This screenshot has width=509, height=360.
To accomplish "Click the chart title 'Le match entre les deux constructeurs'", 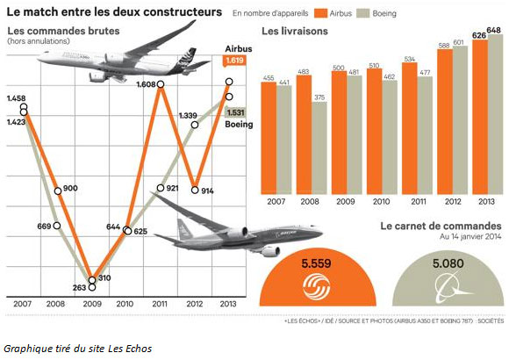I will coord(114,13).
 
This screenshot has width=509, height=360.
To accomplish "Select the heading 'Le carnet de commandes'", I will coord(440,226).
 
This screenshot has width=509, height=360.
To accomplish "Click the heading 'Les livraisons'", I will coord(295,32).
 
